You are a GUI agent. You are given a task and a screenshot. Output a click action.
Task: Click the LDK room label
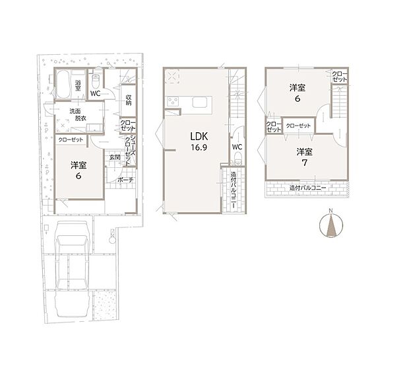coord(199,136)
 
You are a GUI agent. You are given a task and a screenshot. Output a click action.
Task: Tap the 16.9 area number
coord(199,147)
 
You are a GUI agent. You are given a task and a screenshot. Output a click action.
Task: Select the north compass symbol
coord(331,225)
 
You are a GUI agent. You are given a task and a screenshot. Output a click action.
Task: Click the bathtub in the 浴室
coord(63,85)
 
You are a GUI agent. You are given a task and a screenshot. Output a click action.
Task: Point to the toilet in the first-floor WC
coord(96,81)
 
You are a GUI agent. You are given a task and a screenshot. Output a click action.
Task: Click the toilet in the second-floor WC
coord(237,159)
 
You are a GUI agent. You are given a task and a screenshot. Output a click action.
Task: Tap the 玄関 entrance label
coord(115,157)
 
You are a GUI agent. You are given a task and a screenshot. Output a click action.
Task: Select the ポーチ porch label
coord(125,180)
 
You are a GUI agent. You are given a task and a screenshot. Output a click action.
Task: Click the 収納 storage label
coord(129,100)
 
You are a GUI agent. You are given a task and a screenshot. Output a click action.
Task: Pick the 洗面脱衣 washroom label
coord(78,114)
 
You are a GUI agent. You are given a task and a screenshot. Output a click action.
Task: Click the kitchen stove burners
coord(173,101)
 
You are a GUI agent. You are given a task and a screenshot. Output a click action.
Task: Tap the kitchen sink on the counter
coord(200,102)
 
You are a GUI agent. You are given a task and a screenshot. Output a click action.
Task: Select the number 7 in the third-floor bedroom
coord(304,163)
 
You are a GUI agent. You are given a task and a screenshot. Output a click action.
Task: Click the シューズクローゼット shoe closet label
coord(130,150)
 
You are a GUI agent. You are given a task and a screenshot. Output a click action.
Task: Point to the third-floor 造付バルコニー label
coord(307,188)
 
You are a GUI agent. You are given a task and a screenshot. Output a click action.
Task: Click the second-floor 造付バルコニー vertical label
coord(234,190)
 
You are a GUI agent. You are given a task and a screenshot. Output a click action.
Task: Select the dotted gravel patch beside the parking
coord(104,305)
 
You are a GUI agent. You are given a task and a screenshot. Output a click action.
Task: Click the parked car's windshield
coord(72,241)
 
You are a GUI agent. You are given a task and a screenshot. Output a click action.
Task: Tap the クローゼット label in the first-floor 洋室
coord(71,139)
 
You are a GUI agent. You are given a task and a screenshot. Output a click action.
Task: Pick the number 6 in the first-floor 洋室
coord(79,176)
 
